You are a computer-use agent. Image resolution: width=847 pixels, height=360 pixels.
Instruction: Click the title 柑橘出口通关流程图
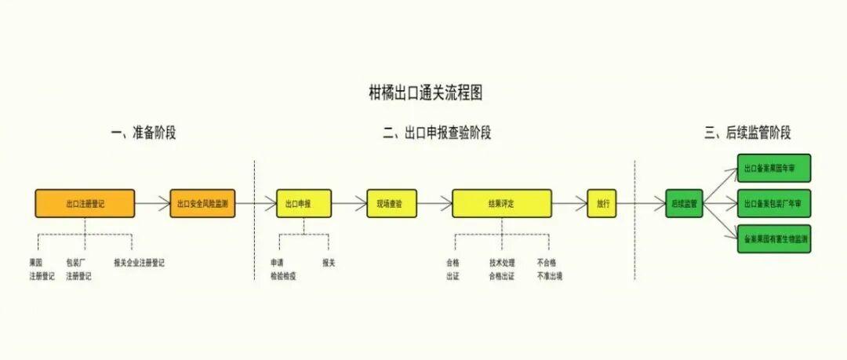pos(425,93)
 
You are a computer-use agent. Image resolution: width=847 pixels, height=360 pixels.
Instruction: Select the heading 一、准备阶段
pos(144,133)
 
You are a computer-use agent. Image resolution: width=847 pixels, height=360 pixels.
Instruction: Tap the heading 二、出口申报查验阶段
pos(437,133)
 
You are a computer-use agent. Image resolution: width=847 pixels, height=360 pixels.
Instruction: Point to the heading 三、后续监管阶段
pos(747,133)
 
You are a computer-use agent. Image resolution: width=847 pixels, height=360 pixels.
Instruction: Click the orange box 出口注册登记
pos(85,204)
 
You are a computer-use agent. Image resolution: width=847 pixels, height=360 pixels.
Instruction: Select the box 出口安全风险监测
pos(202,204)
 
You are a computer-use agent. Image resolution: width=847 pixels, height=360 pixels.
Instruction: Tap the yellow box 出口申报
pos(304,204)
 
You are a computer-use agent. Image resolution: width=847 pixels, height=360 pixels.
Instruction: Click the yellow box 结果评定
pos(502,204)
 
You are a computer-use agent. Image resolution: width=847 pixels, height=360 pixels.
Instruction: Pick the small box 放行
pos(602,204)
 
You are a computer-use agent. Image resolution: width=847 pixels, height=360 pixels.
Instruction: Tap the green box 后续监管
pos(685,204)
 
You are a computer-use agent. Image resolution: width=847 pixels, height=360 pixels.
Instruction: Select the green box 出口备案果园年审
pos(773,169)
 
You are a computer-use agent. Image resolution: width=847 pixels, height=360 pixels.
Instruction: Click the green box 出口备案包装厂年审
pos(773,204)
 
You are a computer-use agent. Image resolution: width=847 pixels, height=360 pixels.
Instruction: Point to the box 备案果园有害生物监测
pos(773,238)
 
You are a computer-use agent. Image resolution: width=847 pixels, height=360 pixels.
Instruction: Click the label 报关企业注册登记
pos(139,263)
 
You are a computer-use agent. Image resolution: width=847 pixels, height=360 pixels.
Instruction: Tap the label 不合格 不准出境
pos(548,269)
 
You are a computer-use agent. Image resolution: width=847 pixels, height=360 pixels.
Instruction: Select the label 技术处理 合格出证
pos(502,269)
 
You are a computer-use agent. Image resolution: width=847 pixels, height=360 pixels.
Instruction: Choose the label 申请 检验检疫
pos(283,269)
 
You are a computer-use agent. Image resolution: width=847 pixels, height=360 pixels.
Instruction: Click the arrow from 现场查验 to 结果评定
pos(434,204)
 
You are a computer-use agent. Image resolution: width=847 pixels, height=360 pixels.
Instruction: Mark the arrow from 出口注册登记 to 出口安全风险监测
pos(152,204)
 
